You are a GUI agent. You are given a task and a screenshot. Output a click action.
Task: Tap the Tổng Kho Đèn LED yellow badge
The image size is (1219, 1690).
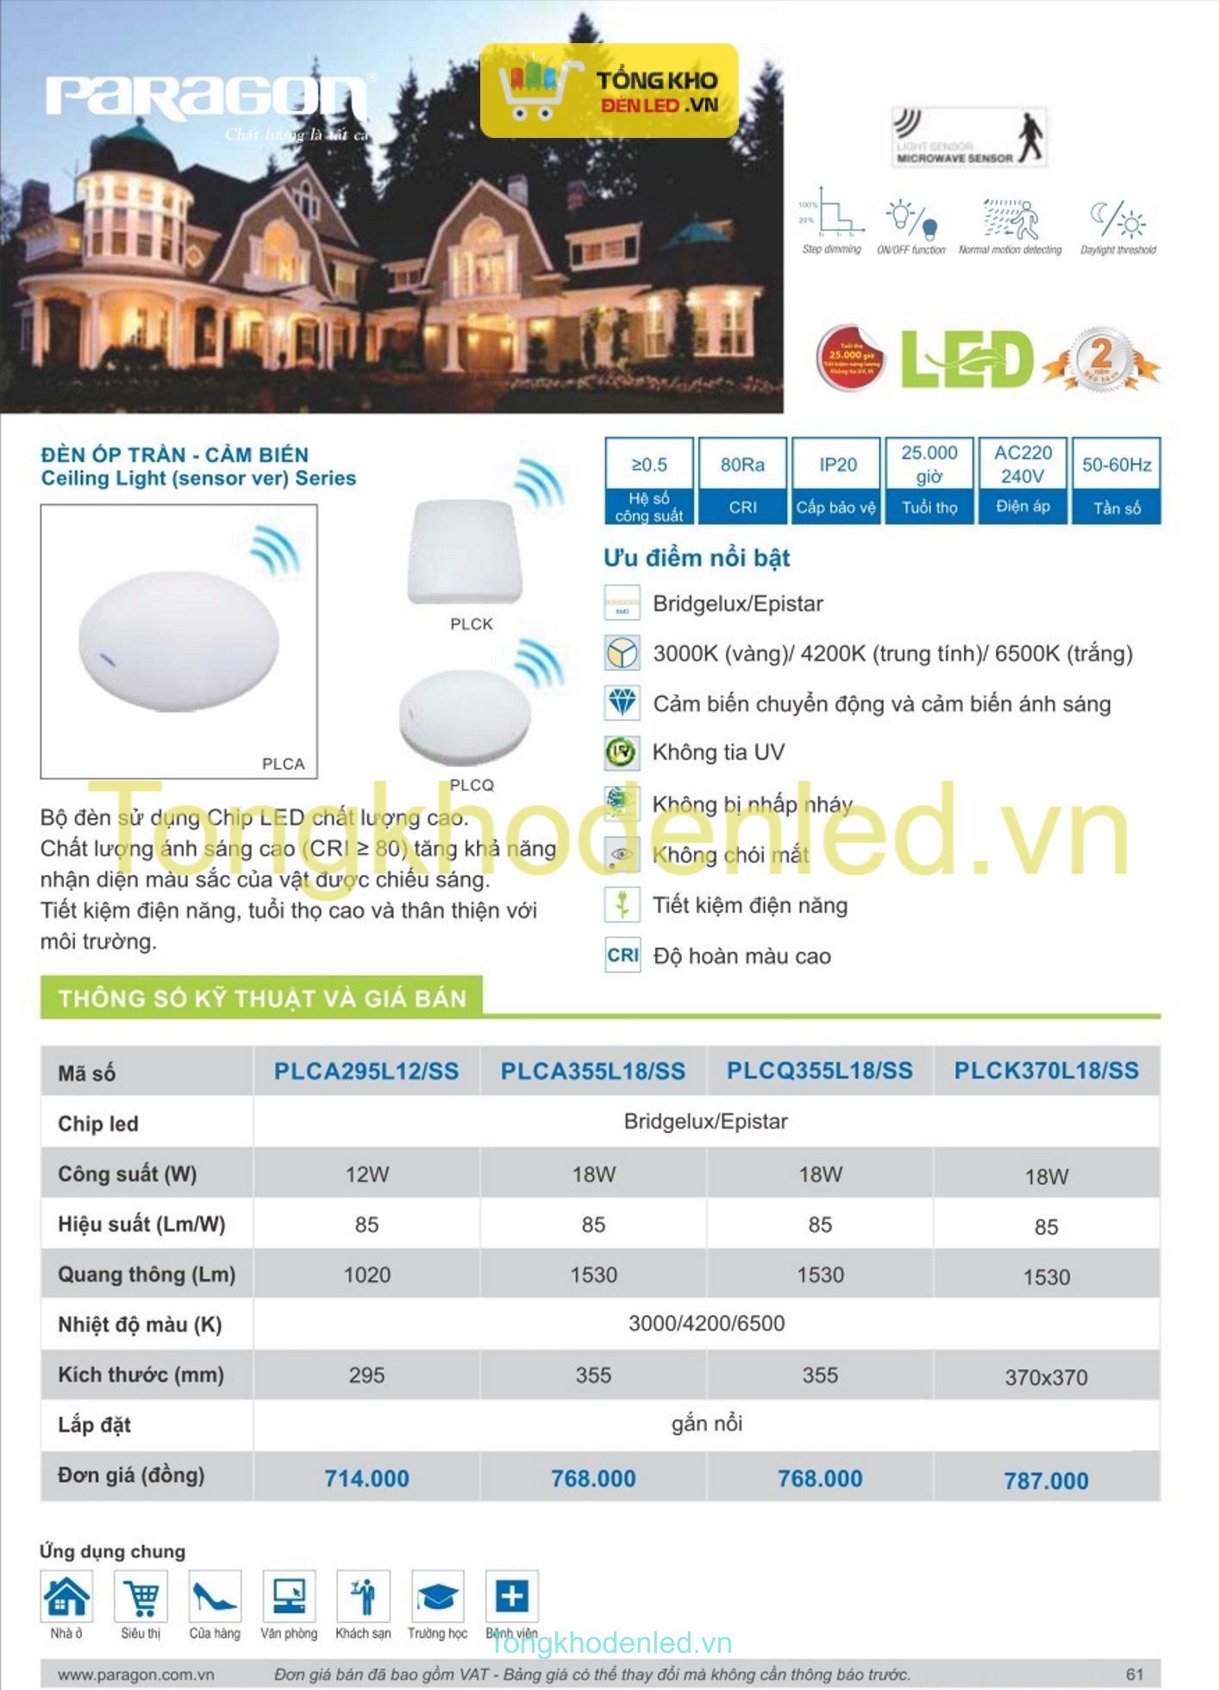tap(609, 91)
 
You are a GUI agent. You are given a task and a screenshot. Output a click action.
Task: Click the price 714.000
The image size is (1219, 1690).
tap(366, 1478)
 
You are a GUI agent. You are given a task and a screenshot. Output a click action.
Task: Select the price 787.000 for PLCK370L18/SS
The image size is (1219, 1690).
tap(1046, 1480)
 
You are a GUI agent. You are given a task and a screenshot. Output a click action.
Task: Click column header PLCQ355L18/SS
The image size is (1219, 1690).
tap(819, 1070)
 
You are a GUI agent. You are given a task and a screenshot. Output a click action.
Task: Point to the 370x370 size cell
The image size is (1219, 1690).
tap(1046, 1377)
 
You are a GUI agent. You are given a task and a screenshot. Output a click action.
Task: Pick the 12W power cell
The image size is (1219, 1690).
tap(366, 1174)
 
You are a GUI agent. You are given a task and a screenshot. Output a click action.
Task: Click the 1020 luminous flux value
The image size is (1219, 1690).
tap(366, 1274)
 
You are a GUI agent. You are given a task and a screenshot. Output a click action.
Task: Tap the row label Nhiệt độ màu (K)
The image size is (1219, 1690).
tap(140, 1324)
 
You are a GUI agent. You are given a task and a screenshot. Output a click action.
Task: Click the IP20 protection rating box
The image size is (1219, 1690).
tap(836, 480)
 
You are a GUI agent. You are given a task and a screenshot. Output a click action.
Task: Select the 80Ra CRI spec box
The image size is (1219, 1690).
tap(742, 480)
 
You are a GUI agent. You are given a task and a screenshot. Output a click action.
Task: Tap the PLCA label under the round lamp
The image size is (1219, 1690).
tap(283, 764)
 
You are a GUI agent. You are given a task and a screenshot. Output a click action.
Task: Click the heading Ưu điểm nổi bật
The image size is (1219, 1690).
tap(697, 558)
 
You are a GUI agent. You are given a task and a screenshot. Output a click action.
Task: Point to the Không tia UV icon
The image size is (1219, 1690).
tap(622, 753)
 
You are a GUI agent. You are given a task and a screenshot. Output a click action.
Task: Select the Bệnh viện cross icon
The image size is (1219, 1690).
tap(511, 1596)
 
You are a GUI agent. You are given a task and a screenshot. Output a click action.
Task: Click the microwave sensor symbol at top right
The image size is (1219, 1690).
tap(969, 136)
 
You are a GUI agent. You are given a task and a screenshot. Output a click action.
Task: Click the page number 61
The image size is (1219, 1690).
tap(1135, 1674)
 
